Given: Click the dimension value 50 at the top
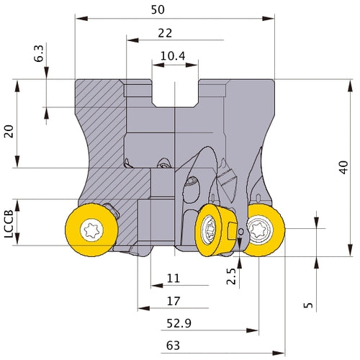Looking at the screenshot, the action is tap(158, 9).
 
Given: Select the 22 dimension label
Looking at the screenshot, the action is tap(165, 33).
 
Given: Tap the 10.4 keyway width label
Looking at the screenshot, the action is tap(173, 56).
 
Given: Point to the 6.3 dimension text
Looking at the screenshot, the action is tap(39, 53).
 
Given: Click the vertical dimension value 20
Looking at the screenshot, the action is tap(9, 131).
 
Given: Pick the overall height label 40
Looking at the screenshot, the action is tap(343, 167).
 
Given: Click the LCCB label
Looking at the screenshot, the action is tap(9, 224).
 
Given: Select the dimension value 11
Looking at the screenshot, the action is tap(174, 279).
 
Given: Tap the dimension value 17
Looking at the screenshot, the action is tap(174, 301).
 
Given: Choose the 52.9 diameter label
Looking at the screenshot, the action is tap(179, 323).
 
